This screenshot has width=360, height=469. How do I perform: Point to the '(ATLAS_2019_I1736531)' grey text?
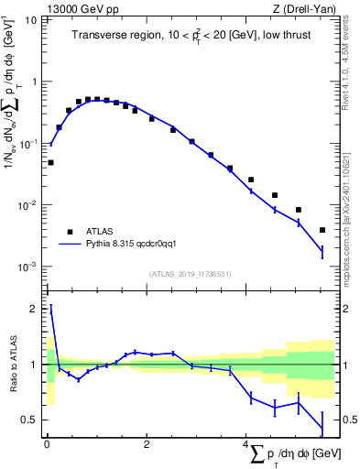point(192,274)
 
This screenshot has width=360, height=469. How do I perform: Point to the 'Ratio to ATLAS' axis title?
point(12,365)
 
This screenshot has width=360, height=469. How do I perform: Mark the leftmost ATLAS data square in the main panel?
point(50,162)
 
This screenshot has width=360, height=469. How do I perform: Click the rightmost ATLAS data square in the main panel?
point(322,230)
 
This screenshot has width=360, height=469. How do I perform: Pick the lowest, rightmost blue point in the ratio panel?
point(322,429)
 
